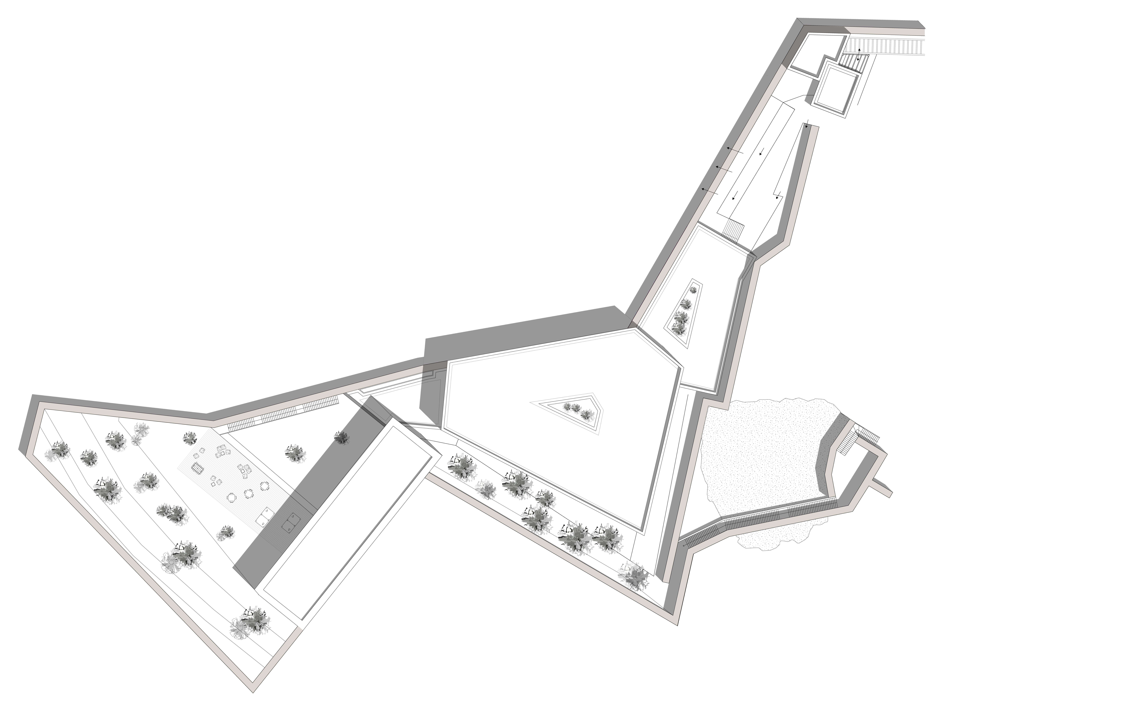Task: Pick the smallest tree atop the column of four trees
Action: (x=694, y=290)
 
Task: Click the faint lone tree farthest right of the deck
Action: (x=341, y=438)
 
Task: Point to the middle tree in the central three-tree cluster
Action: (x=577, y=409)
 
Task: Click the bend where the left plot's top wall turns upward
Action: (x=213, y=424)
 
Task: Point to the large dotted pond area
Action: (x=766, y=458)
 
